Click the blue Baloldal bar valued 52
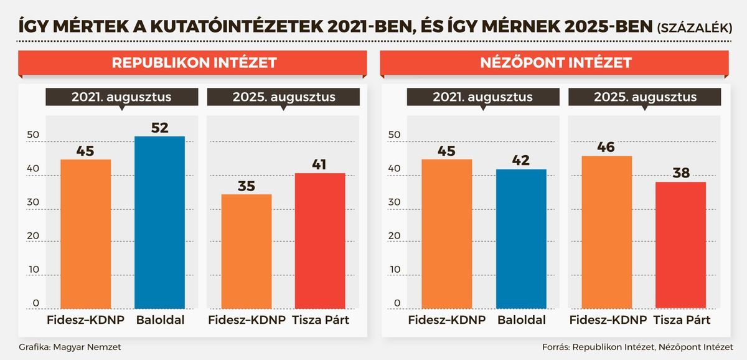160,222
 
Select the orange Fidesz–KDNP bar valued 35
247,252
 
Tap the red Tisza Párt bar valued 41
320,240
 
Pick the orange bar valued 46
607,232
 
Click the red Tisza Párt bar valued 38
681,245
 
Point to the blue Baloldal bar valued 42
521,239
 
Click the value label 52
160,128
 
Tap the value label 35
247,186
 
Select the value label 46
607,148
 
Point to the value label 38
681,173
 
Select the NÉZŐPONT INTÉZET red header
555,63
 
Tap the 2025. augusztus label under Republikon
284,97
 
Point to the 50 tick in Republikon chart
32,135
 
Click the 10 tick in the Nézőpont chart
395,269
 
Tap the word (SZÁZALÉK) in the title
693,27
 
